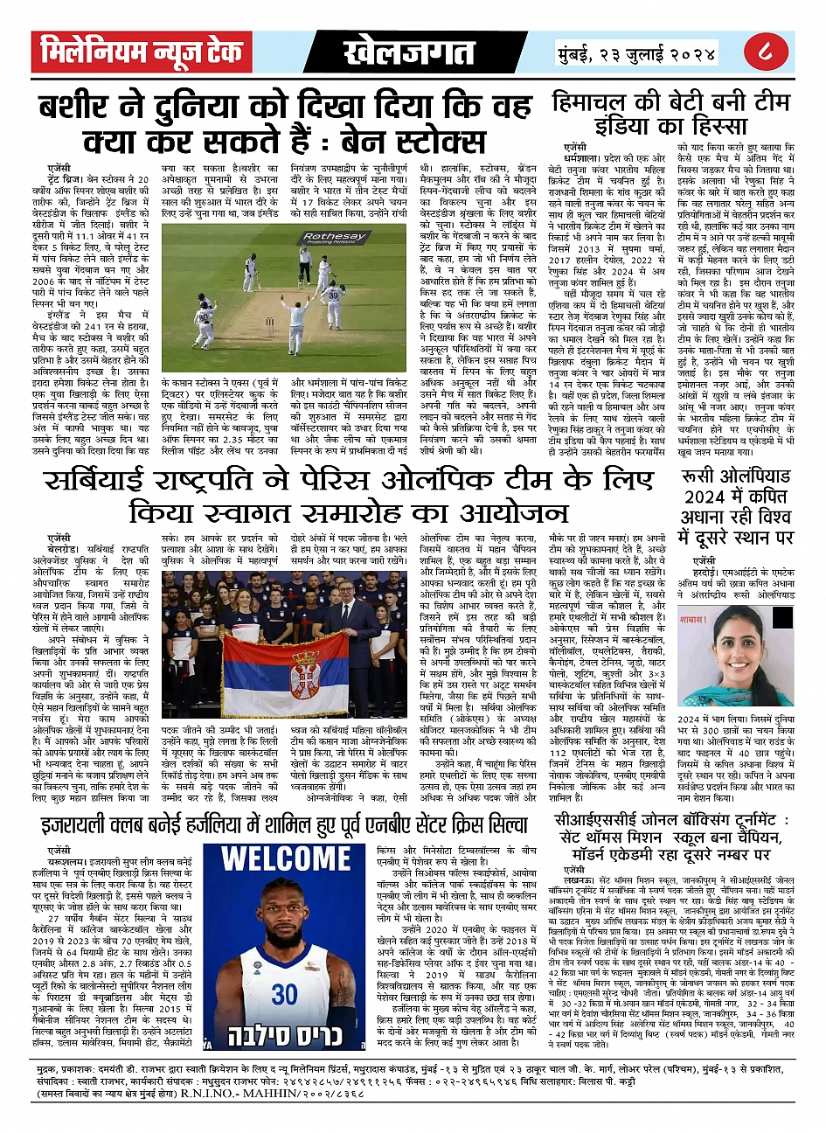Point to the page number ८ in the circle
point(763,52)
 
